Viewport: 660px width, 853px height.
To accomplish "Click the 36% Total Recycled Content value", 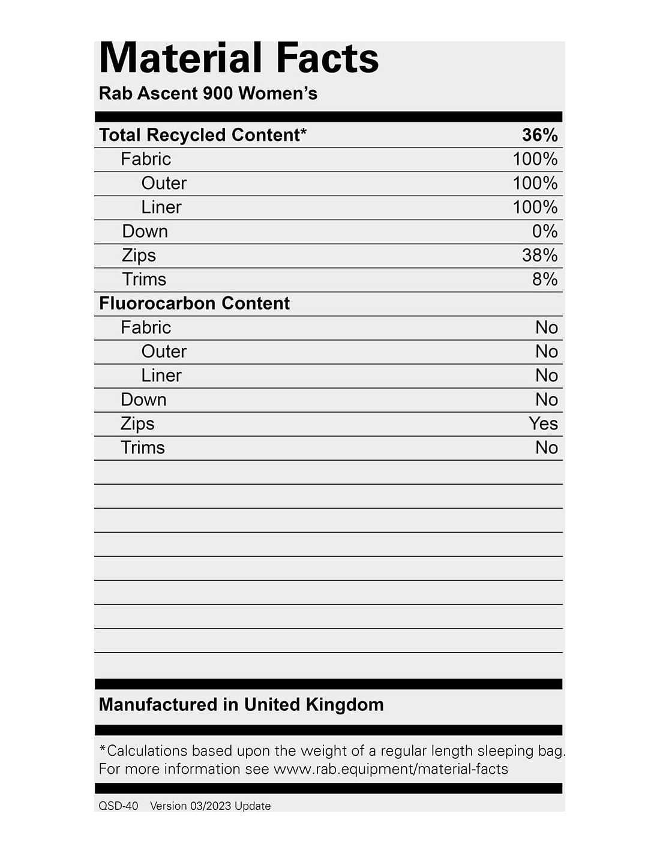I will pos(539,135).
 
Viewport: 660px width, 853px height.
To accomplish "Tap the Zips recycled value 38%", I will pos(539,255).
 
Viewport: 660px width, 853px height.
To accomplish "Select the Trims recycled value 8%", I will pos(545,279).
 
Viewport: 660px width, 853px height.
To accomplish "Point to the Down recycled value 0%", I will pos(545,231).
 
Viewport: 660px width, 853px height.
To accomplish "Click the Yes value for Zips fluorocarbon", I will pos(543,424).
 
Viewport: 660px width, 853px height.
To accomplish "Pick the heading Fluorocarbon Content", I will pos(194,303).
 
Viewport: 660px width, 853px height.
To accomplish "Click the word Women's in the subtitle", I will pos(277,93).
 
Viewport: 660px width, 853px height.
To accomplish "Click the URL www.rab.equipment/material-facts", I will pos(391,769).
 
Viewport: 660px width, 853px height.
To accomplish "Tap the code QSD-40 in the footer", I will pos(118,806).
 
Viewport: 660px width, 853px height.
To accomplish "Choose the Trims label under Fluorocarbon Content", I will pos(143,447).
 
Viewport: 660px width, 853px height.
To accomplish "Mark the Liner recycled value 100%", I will pos(535,207).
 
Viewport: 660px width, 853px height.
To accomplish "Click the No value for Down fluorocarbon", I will pos(547,400).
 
